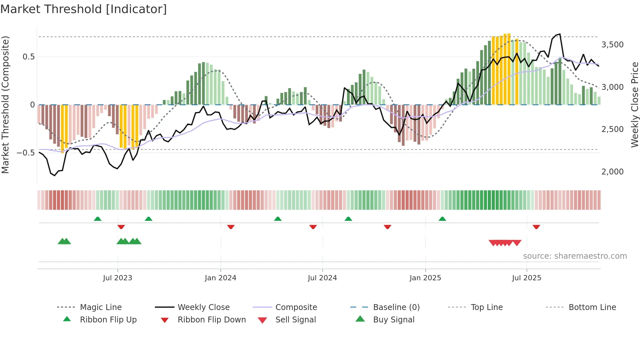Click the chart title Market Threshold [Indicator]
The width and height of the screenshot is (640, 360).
tap(84, 9)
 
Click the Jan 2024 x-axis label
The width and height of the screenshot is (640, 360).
tap(220, 278)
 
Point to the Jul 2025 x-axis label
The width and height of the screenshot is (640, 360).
tap(526, 278)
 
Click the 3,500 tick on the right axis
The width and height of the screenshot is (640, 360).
tap(612, 45)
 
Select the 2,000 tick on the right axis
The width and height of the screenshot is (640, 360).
tap(612, 172)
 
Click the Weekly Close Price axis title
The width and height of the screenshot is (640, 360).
tap(634, 105)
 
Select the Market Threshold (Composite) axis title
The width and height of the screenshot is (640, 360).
tap(5, 105)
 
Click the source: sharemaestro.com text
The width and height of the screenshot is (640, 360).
tap(575, 256)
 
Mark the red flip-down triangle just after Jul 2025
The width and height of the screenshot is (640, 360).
tap(536, 227)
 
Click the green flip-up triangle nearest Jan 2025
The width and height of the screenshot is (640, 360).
tap(442, 219)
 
